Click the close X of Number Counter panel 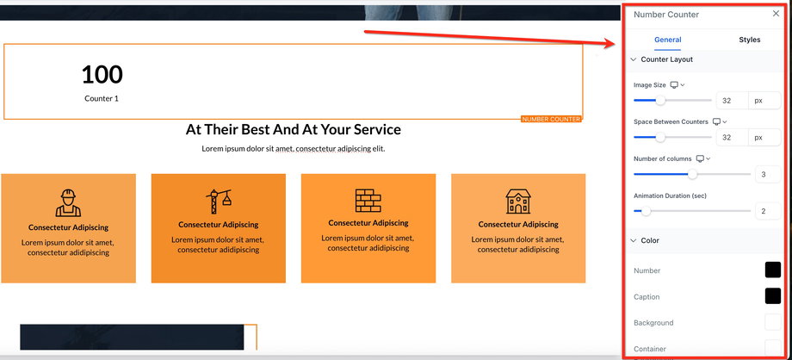tap(776, 14)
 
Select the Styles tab tap(749, 40)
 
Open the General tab tap(668, 40)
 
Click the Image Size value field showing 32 tap(732, 101)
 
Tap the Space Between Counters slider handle tap(660, 137)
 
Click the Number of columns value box tap(768, 175)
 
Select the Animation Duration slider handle tap(646, 211)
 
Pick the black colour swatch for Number tap(773, 270)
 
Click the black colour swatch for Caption tap(773, 296)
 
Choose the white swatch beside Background tap(773, 323)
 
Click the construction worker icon tap(68, 202)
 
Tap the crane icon tap(218, 202)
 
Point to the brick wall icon tap(368, 200)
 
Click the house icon tap(518, 202)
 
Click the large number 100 tap(102, 75)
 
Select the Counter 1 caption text tap(102, 98)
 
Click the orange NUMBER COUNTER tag tap(551, 120)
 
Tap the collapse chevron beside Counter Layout tap(634, 59)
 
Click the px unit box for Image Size tap(764, 101)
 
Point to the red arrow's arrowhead tap(608, 43)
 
